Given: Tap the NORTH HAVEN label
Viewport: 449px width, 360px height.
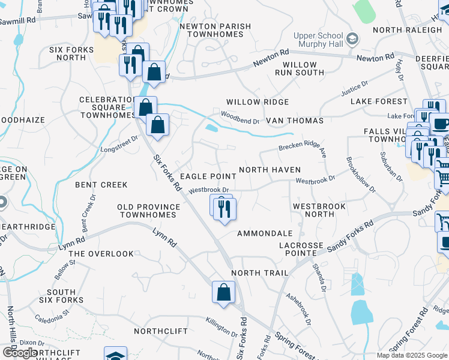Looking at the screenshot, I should [270, 170].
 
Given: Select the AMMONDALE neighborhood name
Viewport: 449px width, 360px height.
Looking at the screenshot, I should [265, 233].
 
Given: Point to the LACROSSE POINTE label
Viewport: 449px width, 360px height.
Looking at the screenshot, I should [306, 250].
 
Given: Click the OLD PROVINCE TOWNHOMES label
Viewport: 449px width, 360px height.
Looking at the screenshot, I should [148, 211].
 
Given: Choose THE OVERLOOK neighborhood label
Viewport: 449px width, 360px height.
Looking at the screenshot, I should [101, 254].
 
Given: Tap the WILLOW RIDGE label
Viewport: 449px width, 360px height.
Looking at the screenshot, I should [258, 103].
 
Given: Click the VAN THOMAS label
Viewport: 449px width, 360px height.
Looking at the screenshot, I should [295, 121].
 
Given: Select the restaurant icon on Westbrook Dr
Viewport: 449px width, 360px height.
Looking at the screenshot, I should [224, 209].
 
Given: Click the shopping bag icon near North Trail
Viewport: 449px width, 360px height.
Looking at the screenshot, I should [223, 293].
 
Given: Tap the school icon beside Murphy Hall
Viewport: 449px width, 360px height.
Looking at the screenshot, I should [354, 39].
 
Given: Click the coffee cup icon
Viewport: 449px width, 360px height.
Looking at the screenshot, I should [441, 124].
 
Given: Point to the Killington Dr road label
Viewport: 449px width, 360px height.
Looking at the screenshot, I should [221, 328].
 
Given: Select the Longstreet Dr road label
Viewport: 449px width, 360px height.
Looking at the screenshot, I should [119, 143].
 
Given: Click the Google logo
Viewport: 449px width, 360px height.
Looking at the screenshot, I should [20, 352].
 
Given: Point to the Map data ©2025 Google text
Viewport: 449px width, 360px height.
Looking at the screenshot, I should [412, 355].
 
